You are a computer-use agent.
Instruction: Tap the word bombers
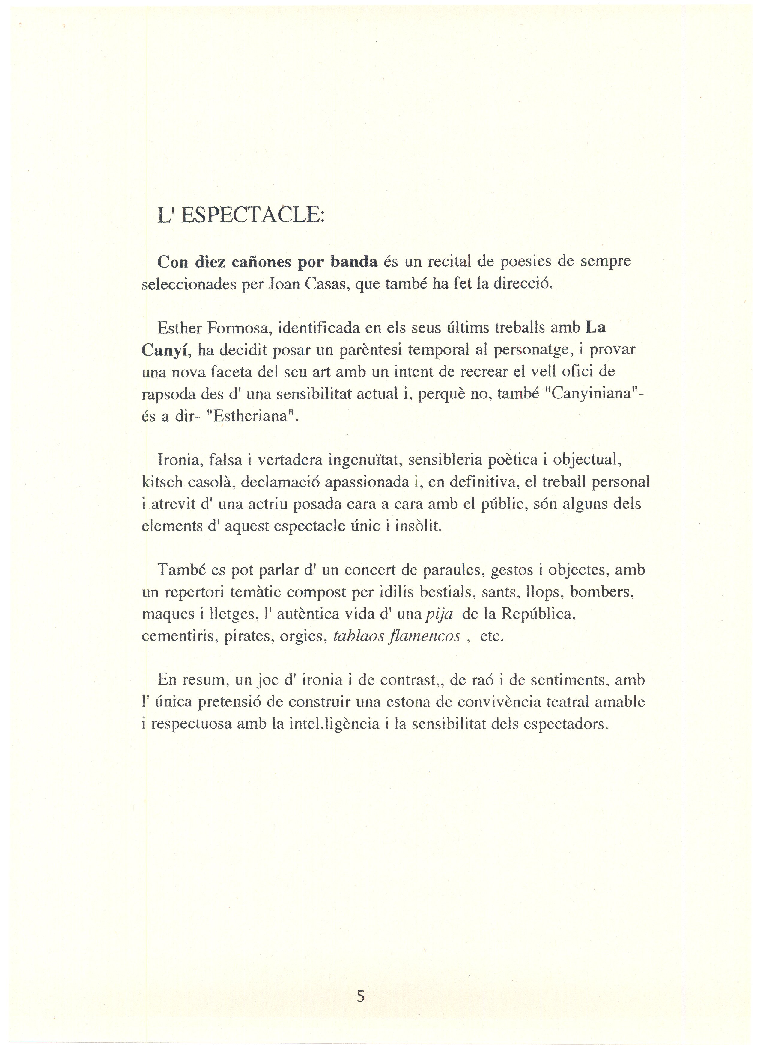tap(602, 592)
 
